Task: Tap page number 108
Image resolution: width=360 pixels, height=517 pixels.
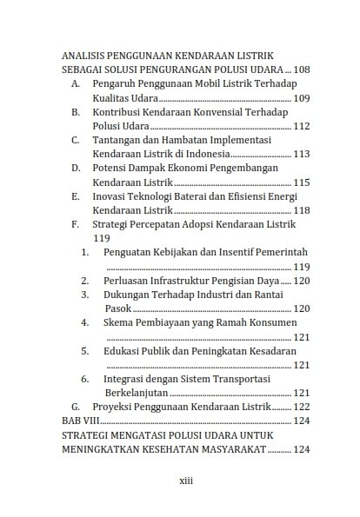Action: pos(301,69)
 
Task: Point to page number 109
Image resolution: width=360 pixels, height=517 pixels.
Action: pos(301,99)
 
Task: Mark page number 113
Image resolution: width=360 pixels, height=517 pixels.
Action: pos(301,155)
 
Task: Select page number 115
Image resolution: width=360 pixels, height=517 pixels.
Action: pos(301,182)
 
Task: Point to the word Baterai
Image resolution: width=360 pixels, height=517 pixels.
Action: pos(203,196)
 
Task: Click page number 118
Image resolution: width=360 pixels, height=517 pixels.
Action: pos(301,210)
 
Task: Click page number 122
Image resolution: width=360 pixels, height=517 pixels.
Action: pos(301,407)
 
